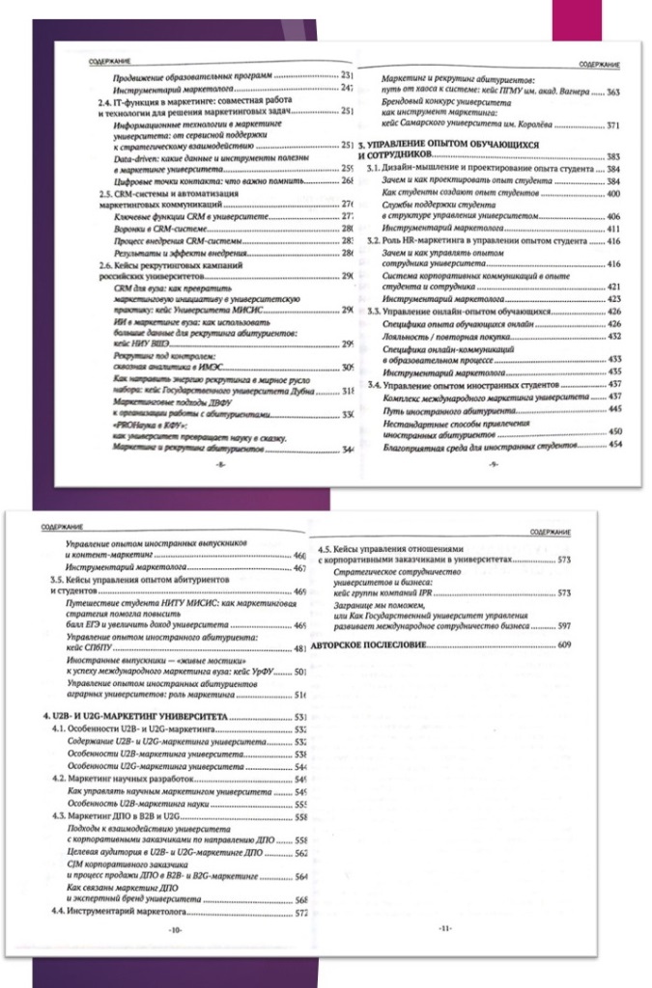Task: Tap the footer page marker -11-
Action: pyautogui.click(x=444, y=928)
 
